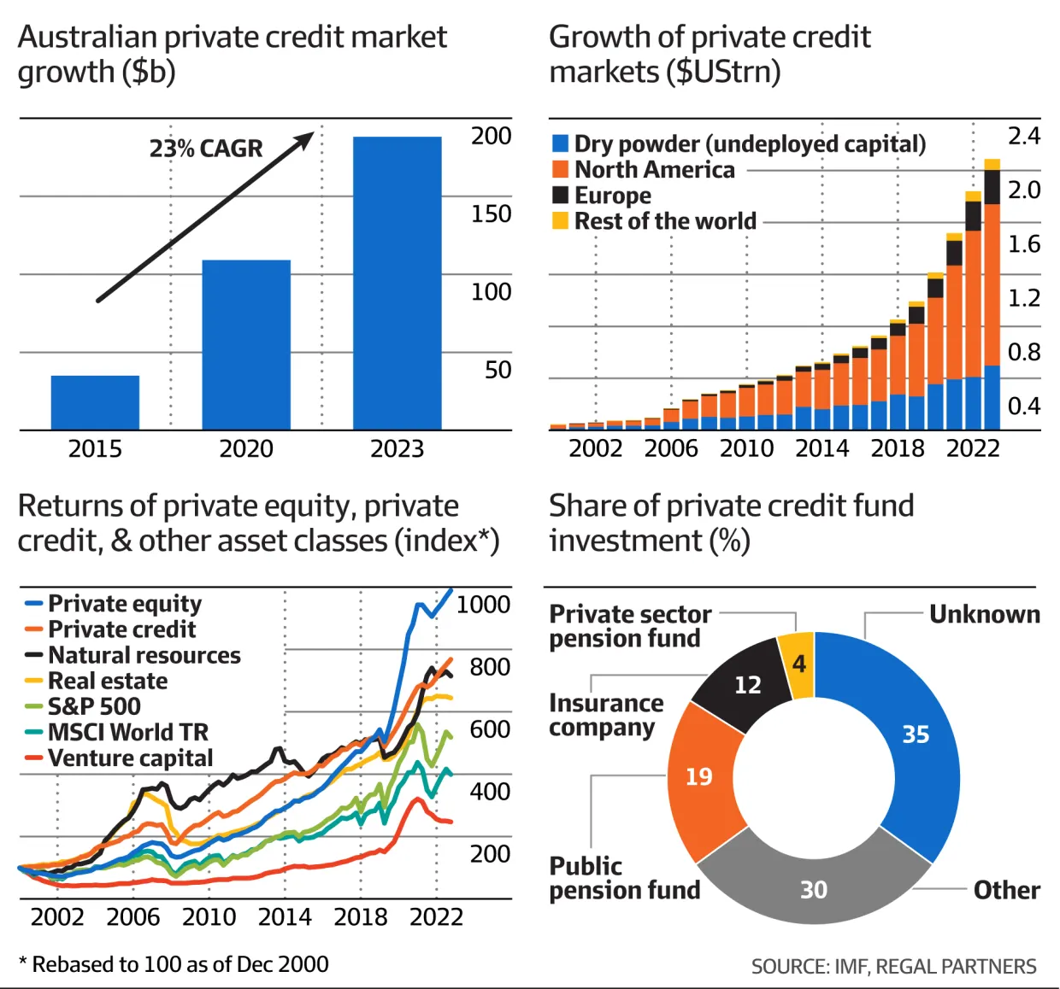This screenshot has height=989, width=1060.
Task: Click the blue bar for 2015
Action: (x=95, y=402)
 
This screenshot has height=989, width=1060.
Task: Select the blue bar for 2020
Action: (x=246, y=345)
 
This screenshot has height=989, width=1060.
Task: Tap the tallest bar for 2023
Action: (x=397, y=283)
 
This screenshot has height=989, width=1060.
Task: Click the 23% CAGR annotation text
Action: (x=206, y=149)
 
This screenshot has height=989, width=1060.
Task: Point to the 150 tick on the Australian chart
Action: (x=491, y=214)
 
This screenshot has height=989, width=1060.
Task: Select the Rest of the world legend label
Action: (x=664, y=221)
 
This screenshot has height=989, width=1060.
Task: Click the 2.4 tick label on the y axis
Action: (x=1023, y=136)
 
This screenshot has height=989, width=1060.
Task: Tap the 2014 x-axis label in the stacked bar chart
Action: (x=821, y=448)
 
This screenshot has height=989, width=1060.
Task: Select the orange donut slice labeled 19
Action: (x=698, y=776)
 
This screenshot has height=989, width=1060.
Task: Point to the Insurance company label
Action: (x=606, y=715)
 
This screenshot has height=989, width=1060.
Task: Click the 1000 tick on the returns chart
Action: (x=483, y=605)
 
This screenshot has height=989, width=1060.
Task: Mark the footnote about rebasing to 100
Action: (x=174, y=964)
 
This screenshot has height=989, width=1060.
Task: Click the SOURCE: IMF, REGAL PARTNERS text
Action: (x=893, y=966)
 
